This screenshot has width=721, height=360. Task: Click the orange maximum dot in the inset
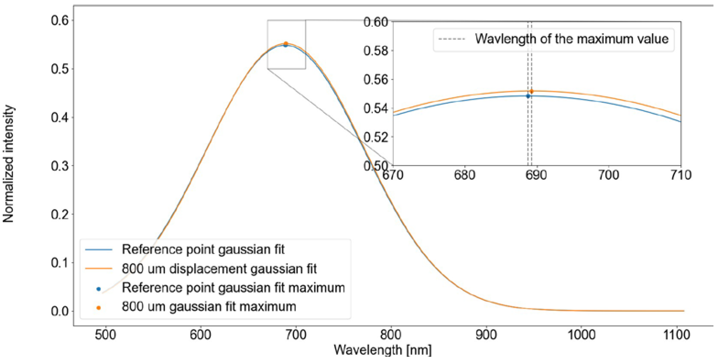532,91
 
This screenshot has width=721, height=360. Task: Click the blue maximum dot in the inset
528,96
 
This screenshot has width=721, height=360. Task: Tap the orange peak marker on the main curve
286,44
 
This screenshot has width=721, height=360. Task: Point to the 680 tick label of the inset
464,175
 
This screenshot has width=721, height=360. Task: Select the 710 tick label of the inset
681,175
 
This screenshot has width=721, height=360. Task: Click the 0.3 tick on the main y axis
60,166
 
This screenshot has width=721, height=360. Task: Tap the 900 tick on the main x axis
486,335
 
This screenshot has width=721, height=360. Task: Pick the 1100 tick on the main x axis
677,335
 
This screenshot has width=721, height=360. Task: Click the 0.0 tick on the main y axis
60,311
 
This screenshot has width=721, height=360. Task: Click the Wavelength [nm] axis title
383,350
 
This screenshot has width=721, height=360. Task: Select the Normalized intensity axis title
8,164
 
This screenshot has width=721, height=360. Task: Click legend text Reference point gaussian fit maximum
233,288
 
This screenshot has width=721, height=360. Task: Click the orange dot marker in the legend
99,308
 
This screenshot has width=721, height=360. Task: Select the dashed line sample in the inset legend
452,39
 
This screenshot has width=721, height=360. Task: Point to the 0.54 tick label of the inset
376,108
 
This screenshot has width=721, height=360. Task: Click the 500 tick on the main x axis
105,335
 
